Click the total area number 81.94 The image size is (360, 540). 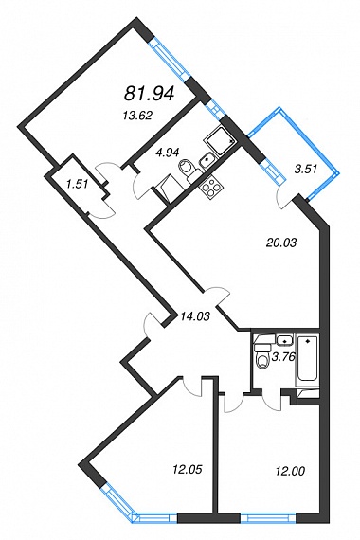coord(149,94)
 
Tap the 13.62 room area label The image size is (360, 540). coord(137,117)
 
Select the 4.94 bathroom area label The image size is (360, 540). coord(169,151)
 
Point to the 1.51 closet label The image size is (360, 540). coord(78,184)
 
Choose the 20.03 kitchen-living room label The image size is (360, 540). coord(281,243)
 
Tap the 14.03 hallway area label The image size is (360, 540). coord(194,315)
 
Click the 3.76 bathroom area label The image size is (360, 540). coord(283,357)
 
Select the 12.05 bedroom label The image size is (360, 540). coord(187,469)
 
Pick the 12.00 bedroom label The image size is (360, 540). coord(290,471)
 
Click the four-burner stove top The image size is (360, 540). coord(210,188)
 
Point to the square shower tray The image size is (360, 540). coord(221,140)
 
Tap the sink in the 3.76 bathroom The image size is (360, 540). coord(284,339)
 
